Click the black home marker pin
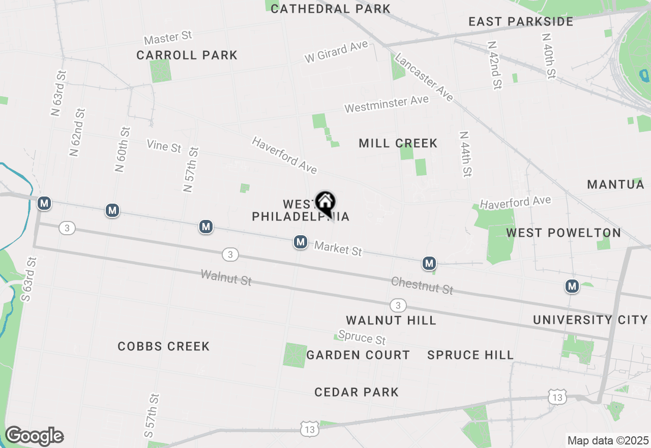point(325,204)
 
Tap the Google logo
point(34,436)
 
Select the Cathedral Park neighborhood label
point(331,9)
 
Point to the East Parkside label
point(521,21)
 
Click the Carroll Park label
point(187,55)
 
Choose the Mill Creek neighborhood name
point(398,143)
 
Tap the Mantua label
point(615,184)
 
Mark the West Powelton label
point(563,233)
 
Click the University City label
point(590,320)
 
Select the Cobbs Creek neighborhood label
point(163,346)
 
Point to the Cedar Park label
point(356,392)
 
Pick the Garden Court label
point(358,355)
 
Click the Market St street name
point(338,248)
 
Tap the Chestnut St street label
point(422,286)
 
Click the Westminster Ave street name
point(387,104)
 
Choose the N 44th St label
point(465,154)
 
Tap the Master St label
point(168,38)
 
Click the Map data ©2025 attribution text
point(608,440)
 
